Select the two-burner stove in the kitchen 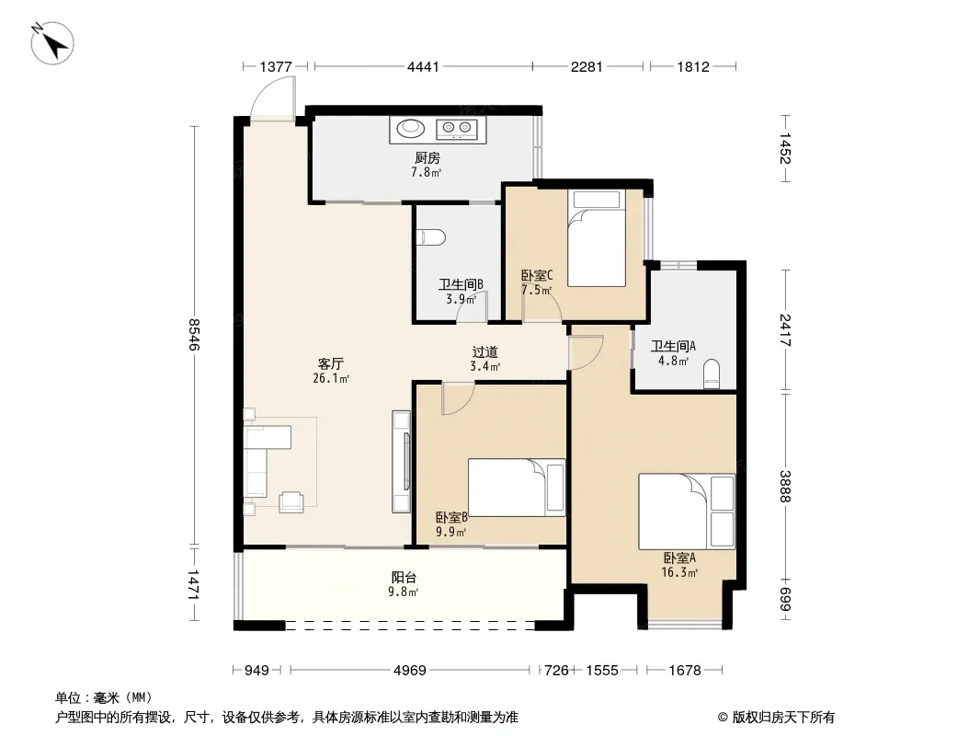pyautogui.click(x=457, y=128)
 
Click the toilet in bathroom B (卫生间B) pyautogui.click(x=430, y=237)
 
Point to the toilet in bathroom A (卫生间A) pyautogui.click(x=712, y=374)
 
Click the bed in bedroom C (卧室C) pyautogui.click(x=597, y=237)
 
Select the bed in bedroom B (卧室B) pyautogui.click(x=517, y=488)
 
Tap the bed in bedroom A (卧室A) pyautogui.click(x=686, y=512)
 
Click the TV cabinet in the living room pyautogui.click(x=401, y=462)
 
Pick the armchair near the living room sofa pyautogui.click(x=291, y=501)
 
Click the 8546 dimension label pyautogui.click(x=195, y=335)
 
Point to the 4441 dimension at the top pyautogui.click(x=423, y=66)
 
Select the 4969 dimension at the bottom pyautogui.click(x=410, y=671)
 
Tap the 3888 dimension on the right pyautogui.click(x=786, y=486)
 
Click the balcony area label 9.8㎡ pyautogui.click(x=404, y=592)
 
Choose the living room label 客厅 pyautogui.click(x=331, y=364)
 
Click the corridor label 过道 pyautogui.click(x=485, y=352)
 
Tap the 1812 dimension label pyautogui.click(x=693, y=66)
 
